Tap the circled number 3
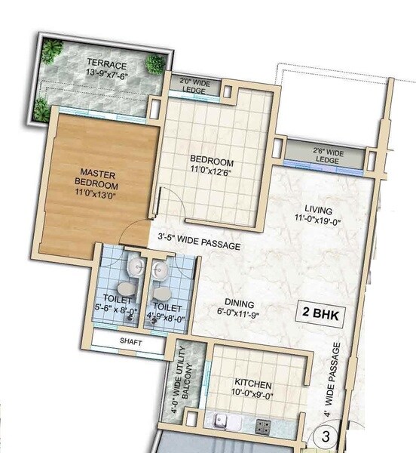pos(326,435)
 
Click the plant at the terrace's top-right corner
pos(153,64)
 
